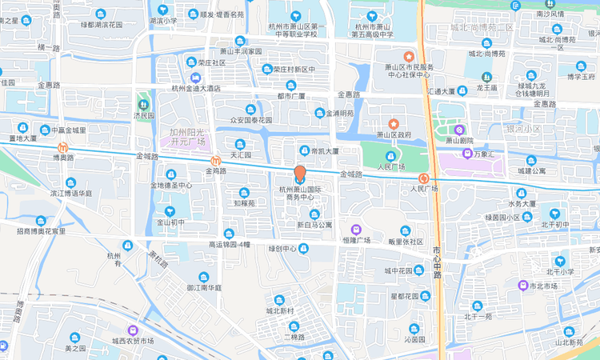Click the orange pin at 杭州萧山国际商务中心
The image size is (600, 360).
pos(300,174)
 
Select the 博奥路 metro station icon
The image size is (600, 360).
pos(64,147)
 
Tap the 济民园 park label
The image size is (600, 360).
pos(143,115)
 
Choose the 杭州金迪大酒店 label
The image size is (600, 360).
pos(196,88)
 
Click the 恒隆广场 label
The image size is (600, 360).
pos(356,239)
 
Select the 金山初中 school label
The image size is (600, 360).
pos(170,222)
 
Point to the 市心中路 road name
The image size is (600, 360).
pos(437,262)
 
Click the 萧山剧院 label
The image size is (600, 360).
pos(458,139)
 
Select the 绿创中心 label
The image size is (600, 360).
pos(282,248)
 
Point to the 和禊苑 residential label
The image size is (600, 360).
pos(245,203)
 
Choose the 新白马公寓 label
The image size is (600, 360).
pos(314,225)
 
